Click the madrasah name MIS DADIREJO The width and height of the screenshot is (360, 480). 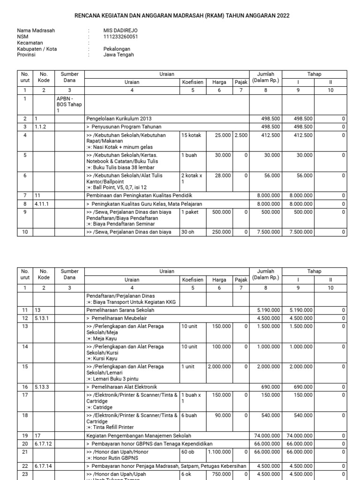(x=120, y=30)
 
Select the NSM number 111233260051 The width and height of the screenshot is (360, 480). (x=120, y=37)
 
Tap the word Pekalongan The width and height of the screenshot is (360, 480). (x=117, y=49)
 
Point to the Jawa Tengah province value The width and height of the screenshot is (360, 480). (x=119, y=55)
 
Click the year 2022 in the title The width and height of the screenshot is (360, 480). (x=283, y=15)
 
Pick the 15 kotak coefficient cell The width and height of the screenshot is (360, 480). (x=191, y=135)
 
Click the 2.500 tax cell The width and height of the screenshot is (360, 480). (x=241, y=135)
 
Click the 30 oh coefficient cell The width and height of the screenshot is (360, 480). (x=188, y=232)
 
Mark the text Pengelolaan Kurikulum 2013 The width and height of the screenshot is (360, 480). (x=119, y=119)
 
